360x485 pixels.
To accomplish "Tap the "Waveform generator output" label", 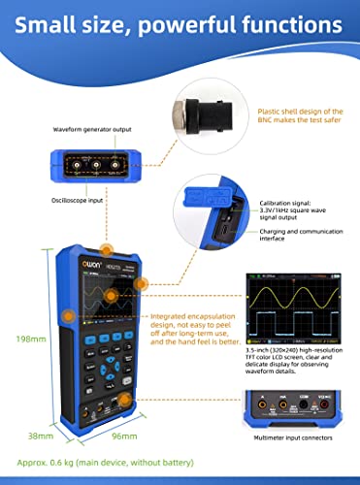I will click(94, 127).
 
